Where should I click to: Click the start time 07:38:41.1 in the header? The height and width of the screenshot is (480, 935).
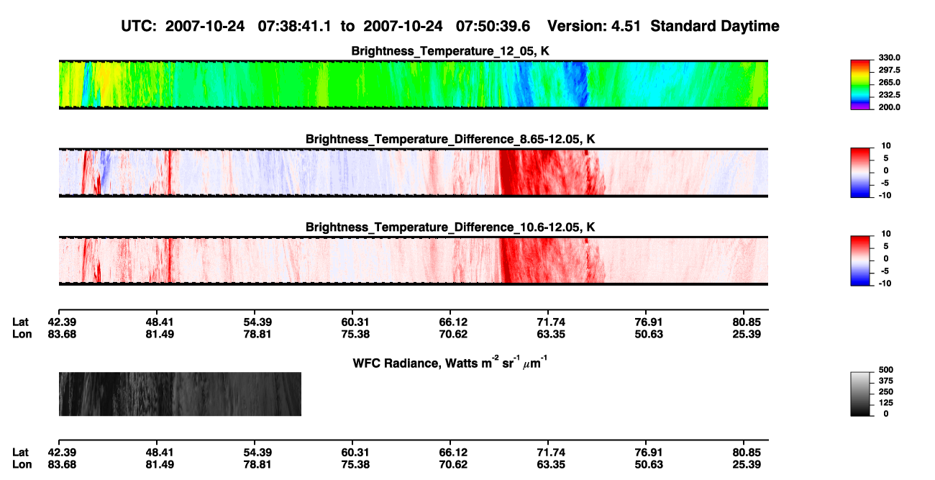(294, 26)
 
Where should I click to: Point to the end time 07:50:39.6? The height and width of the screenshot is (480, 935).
(493, 26)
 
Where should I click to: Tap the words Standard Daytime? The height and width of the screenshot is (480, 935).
(715, 26)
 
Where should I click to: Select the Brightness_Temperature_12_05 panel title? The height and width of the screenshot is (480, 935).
(450, 51)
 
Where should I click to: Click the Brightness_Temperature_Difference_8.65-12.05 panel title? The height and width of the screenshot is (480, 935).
(450, 139)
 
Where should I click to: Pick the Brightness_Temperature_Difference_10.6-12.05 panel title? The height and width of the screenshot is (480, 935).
(450, 227)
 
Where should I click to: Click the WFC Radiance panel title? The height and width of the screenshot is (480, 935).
(450, 363)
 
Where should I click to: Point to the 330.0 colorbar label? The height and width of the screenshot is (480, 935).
(889, 58)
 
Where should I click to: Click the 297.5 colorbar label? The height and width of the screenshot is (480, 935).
(889, 70)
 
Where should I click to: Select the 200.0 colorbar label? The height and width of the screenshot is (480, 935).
(889, 107)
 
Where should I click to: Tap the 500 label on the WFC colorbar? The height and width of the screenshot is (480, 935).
(886, 370)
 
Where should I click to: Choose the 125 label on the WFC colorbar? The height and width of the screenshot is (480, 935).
(886, 403)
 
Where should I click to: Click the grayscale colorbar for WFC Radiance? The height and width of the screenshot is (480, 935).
(860, 394)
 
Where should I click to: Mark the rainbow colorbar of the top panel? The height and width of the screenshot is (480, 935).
(860, 85)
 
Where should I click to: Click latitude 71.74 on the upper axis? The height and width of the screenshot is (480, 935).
(551, 322)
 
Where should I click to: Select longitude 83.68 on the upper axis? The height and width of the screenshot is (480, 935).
(62, 334)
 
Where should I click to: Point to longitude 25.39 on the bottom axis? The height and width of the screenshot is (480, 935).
(747, 465)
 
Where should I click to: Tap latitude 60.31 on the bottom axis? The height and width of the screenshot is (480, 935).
(355, 453)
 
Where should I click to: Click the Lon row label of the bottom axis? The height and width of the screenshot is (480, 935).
(22, 465)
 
